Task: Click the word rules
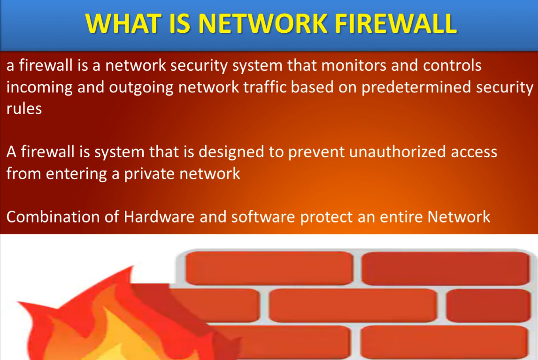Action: click(x=23, y=108)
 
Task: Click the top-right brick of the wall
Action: click(x=445, y=268)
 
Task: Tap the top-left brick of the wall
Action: click(x=269, y=268)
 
